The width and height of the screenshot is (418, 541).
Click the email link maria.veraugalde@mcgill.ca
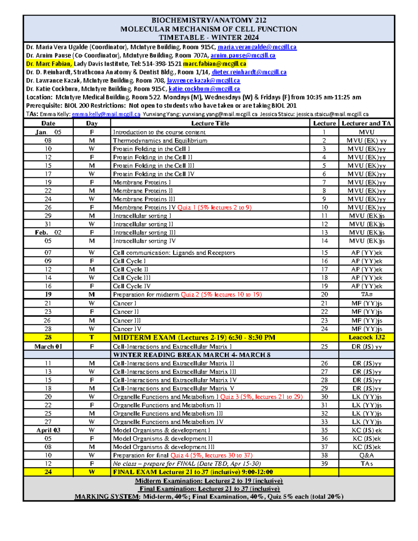(x=257, y=47)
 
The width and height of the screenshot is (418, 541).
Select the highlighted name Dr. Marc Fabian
(x=49, y=64)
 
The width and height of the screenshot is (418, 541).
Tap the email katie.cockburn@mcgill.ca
(x=204, y=89)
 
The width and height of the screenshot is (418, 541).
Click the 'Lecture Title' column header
(x=210, y=123)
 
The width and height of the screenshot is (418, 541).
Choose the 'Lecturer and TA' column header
(x=366, y=123)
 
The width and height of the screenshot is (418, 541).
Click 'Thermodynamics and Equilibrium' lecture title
(x=160, y=141)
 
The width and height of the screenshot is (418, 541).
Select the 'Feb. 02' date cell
(x=48, y=233)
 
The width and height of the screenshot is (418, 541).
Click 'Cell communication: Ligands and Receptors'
(x=174, y=253)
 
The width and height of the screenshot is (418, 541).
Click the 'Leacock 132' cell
(x=366, y=338)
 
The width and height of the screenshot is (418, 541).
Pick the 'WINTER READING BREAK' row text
(x=192, y=355)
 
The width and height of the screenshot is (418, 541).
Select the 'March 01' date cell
(x=48, y=347)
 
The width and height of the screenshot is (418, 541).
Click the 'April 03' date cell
(x=48, y=430)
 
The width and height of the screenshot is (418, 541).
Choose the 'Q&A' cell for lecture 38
(x=366, y=455)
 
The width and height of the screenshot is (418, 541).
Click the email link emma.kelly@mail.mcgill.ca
(x=106, y=114)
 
